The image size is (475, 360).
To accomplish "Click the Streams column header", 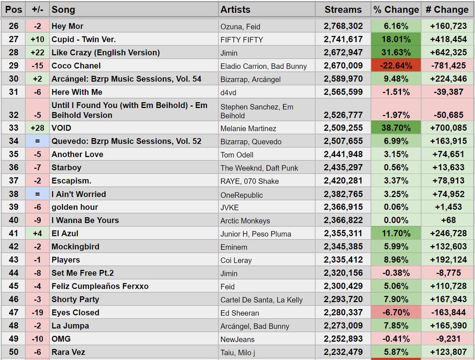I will point(343,9).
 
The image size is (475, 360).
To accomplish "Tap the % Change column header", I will point(396,9).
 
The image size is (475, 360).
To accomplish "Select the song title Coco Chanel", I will point(76,66).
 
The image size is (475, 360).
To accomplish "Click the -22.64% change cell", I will point(396,66).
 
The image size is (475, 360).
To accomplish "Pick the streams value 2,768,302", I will point(343,26).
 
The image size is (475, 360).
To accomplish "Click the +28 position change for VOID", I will point(37,128).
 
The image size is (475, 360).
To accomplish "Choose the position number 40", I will point(13,220).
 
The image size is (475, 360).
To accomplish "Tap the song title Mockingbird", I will point(75,247).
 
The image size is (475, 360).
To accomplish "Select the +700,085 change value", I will point(448,128).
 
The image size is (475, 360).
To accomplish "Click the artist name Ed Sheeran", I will point(240,313).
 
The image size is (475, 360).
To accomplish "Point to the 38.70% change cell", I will point(396,128).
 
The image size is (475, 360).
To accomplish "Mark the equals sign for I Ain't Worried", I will point(37,194).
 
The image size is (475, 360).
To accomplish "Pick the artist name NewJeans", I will point(237,339).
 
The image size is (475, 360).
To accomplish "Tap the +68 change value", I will point(448,220).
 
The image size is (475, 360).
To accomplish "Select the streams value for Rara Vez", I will point(343,352).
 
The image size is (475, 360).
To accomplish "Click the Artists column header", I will point(235,9).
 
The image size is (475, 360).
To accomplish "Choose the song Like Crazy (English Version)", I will point(106,53).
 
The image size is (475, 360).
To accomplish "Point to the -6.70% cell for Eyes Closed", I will point(396,313).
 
